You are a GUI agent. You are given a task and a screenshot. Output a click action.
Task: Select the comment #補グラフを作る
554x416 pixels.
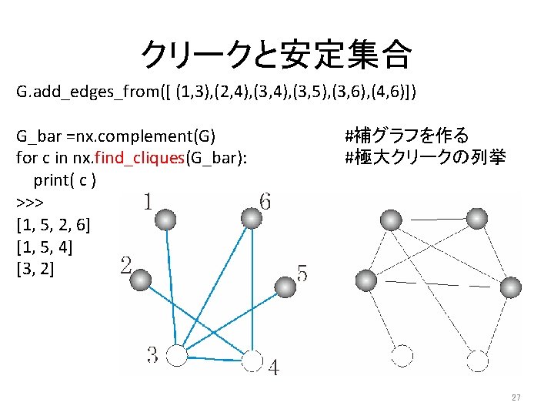[x=406, y=137]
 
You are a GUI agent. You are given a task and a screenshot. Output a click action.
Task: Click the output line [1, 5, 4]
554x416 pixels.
[x=44, y=247]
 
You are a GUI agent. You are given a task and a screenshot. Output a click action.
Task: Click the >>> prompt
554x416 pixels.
[x=29, y=203]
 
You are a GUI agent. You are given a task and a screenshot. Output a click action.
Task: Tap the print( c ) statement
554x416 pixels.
[x=65, y=180]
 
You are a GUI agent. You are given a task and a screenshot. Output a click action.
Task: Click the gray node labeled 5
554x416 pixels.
[x=285, y=287]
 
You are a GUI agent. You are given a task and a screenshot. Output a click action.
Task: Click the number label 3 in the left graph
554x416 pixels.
[x=153, y=356]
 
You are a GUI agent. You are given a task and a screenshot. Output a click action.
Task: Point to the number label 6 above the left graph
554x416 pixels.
[x=265, y=202]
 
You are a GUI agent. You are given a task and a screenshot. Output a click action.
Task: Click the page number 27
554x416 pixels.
[x=516, y=398]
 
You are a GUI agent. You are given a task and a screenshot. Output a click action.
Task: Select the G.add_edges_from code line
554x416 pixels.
[x=216, y=93]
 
